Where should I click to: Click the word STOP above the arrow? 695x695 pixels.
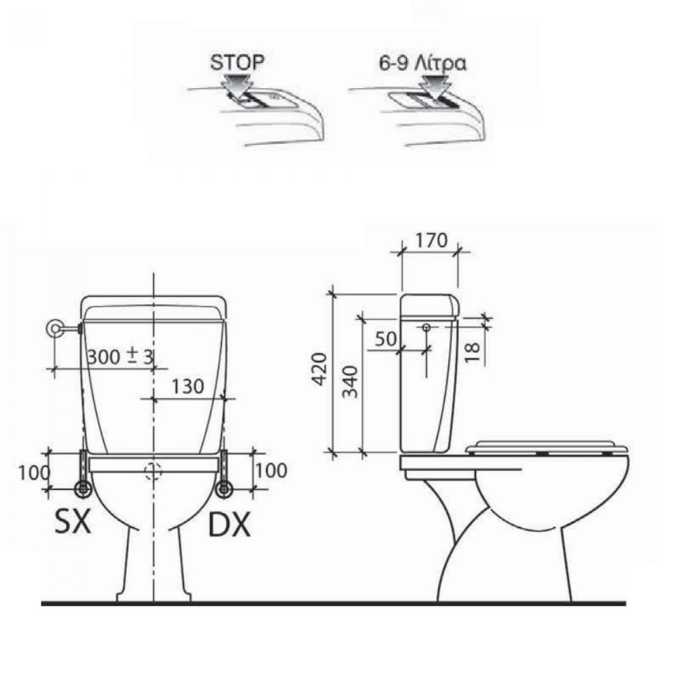[x=237, y=63]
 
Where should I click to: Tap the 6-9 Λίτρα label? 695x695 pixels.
[x=422, y=64]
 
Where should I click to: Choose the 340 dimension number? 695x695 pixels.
[x=349, y=382]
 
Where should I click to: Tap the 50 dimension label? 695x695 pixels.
[x=386, y=339]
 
